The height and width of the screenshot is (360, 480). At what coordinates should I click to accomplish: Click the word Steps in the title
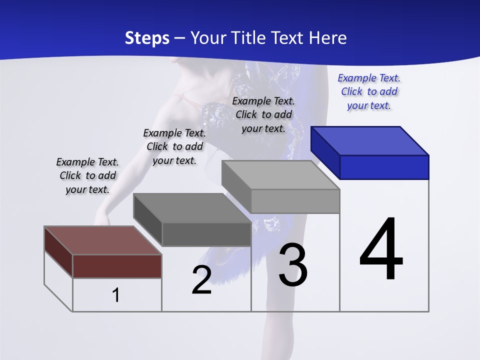click(x=147, y=38)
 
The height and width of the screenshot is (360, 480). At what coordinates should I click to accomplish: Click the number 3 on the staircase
click(x=293, y=264)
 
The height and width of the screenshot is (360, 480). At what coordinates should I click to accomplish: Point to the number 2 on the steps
click(x=201, y=280)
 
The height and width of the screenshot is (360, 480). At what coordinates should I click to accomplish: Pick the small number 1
click(x=116, y=295)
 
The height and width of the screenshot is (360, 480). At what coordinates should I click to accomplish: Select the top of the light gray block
click(x=280, y=175)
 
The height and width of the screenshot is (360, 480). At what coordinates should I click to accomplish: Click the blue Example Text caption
click(x=369, y=91)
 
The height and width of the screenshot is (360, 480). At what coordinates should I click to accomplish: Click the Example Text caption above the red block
click(x=87, y=175)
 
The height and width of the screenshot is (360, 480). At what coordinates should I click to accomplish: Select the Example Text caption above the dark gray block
click(x=174, y=146)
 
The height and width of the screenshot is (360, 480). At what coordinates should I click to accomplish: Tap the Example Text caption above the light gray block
click(x=263, y=114)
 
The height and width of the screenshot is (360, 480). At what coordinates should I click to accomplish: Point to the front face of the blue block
click(x=384, y=167)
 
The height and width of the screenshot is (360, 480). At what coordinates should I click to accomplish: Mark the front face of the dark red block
click(x=117, y=266)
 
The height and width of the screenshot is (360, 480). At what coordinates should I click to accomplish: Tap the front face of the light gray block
click(x=295, y=201)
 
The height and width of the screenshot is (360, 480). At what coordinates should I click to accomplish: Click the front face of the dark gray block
click(x=206, y=234)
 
